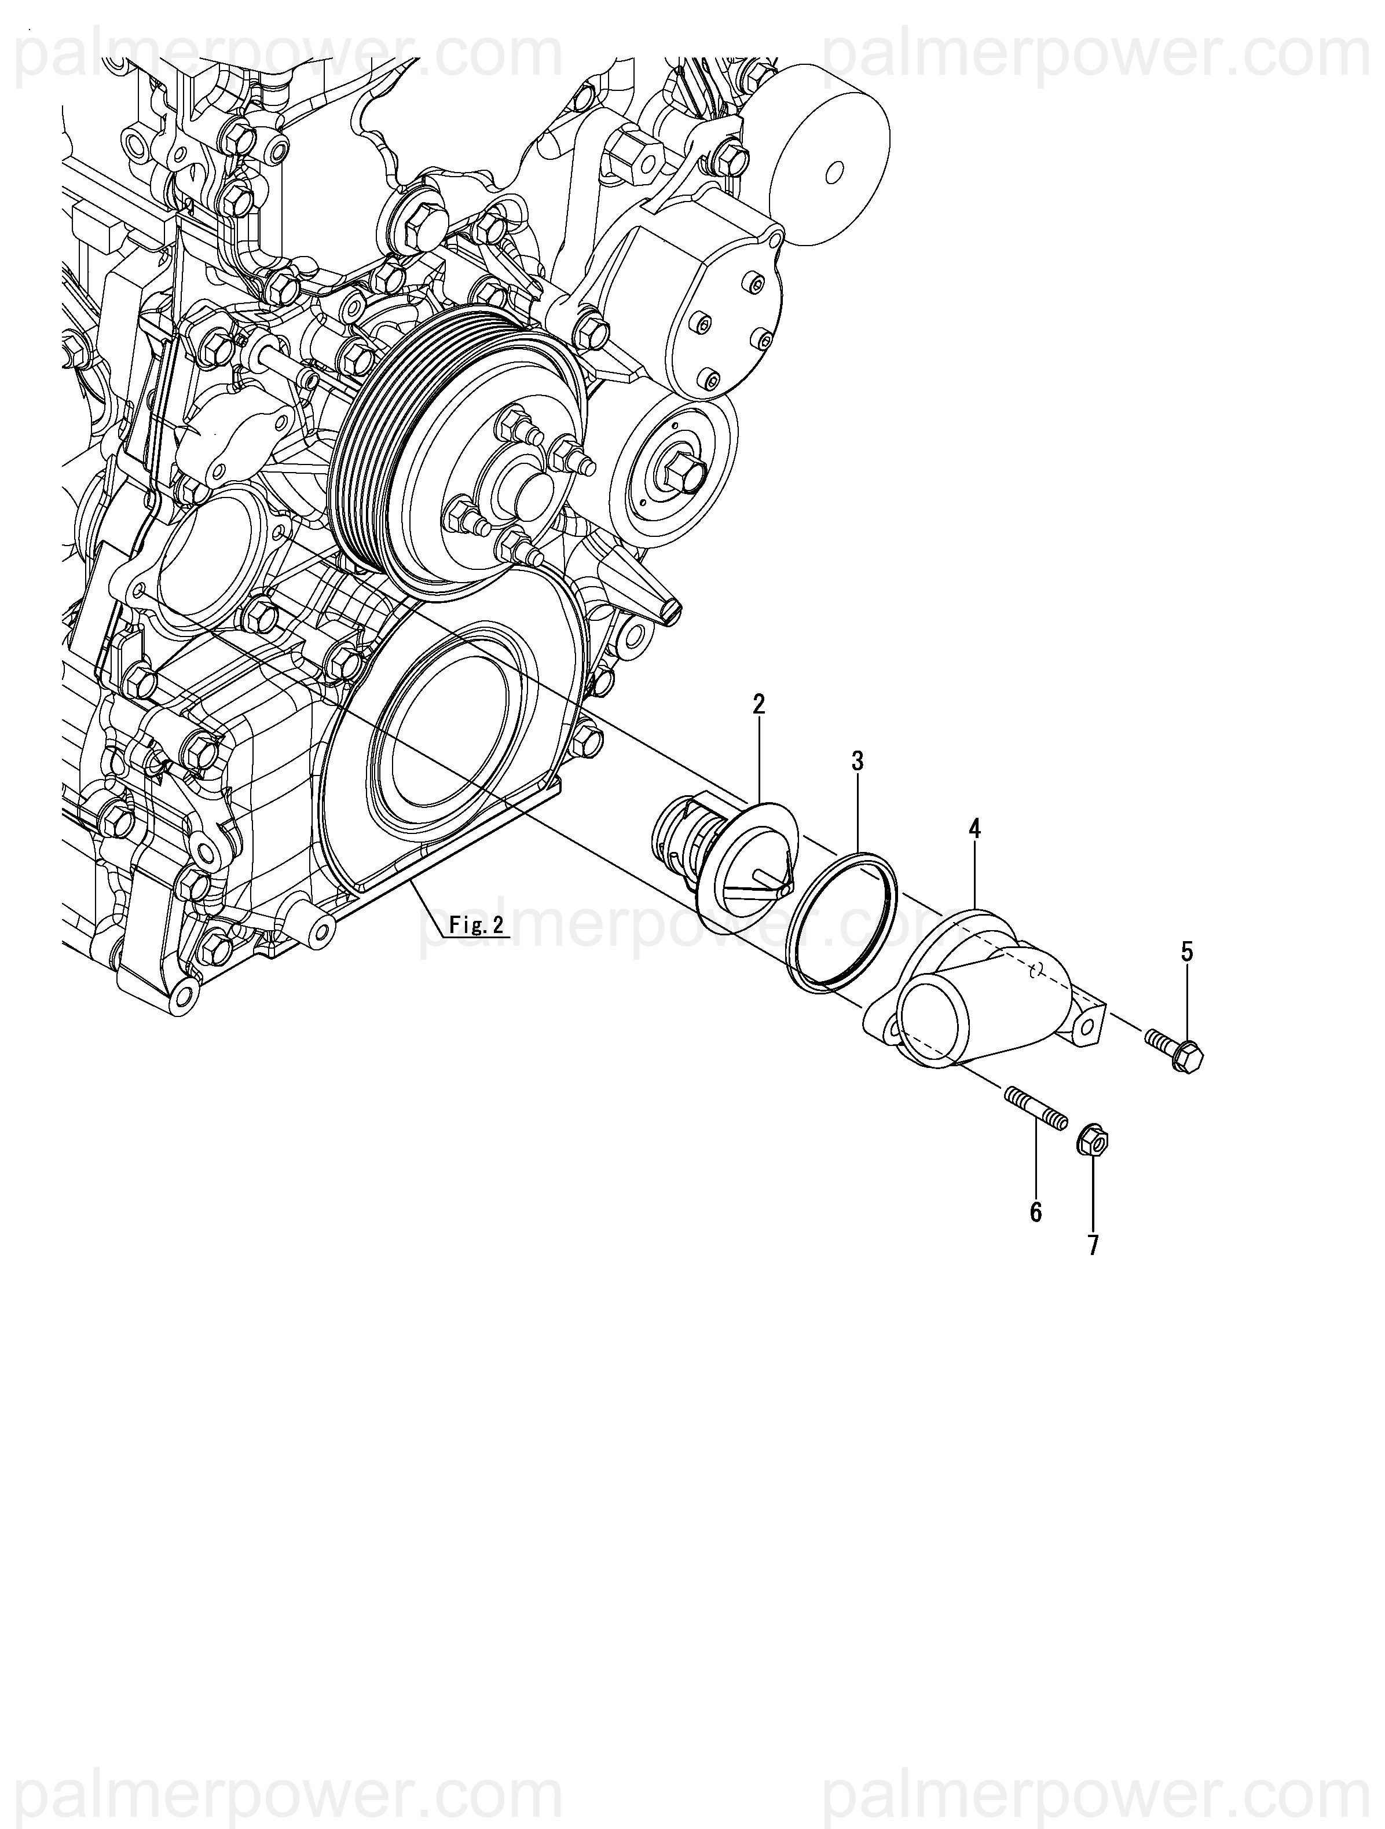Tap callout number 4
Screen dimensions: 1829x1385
click(975, 829)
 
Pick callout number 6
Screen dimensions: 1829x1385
click(1035, 1212)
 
